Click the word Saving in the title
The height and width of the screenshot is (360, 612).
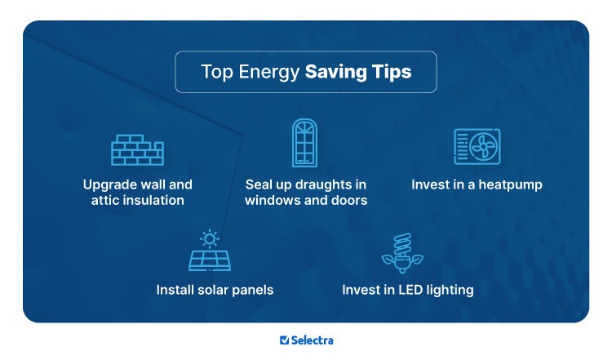point(335,72)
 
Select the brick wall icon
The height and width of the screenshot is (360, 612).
point(137,149)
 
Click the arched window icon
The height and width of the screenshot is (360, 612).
point(304,143)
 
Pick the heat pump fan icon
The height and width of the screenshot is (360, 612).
point(477,147)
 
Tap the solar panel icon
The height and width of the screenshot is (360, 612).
point(210,259)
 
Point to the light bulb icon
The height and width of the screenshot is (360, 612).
point(403,253)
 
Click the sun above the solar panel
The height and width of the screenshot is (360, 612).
point(210,238)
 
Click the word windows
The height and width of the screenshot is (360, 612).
point(273,200)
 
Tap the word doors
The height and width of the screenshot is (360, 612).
point(349,200)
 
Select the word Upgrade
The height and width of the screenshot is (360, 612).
point(111,184)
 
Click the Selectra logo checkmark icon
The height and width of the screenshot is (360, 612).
point(284,340)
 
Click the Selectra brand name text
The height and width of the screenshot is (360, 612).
point(313,340)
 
